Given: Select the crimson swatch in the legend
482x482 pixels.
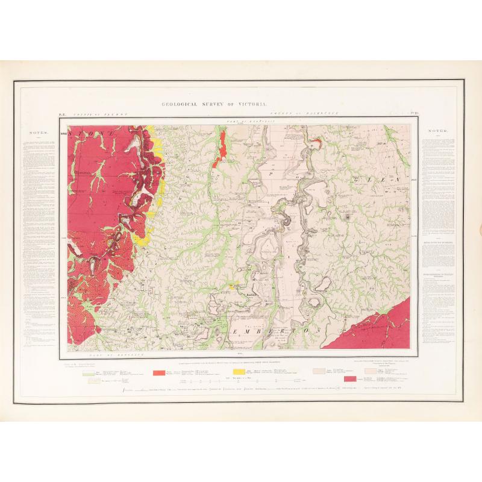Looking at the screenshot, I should (x=349, y=379).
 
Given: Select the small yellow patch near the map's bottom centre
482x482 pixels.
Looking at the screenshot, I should (x=234, y=287).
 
